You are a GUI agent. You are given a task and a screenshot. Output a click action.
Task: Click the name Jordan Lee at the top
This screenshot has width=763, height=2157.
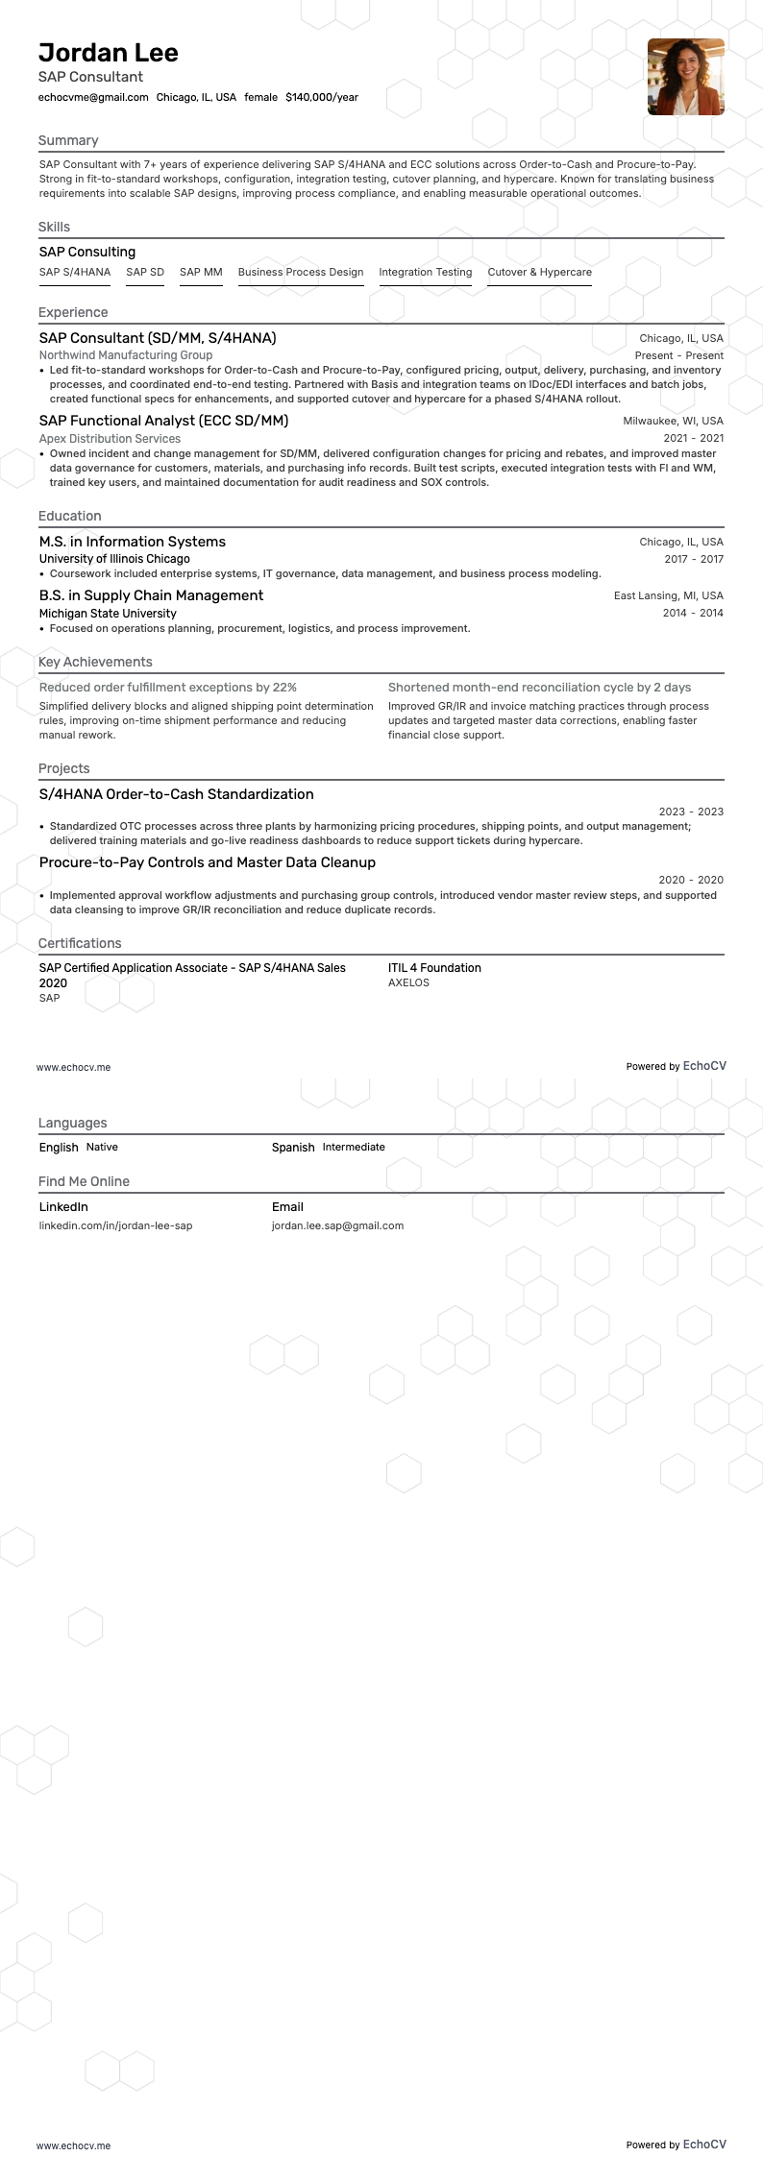point(109,53)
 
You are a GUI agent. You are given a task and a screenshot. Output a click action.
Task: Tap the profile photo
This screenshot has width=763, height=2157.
point(685,77)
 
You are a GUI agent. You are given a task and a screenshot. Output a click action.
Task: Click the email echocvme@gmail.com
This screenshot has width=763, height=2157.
point(93,97)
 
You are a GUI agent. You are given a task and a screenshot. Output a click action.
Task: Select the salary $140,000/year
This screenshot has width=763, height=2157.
point(322,97)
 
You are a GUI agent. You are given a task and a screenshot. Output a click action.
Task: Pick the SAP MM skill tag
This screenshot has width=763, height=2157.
point(201,272)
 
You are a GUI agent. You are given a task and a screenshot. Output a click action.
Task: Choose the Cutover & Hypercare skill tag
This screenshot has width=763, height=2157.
point(539,272)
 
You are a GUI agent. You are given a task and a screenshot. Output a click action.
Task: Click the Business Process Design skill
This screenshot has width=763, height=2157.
point(301,272)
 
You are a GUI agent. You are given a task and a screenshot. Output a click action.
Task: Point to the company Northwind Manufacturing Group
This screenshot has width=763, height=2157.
point(126,355)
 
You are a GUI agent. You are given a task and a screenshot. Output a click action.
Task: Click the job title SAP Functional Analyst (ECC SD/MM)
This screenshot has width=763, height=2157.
point(163,421)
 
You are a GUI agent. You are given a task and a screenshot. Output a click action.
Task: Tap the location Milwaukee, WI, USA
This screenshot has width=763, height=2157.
point(673,421)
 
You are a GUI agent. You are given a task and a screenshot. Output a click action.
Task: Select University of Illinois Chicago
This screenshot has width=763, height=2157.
point(114,559)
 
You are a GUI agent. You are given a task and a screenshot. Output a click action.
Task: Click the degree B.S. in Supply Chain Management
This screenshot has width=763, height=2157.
point(151,595)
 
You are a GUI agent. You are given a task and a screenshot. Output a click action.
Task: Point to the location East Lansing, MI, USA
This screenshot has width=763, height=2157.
point(669,595)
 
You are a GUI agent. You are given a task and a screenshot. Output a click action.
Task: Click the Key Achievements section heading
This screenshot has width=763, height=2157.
point(95,662)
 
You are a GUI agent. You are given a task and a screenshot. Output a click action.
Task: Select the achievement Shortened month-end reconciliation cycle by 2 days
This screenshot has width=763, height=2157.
point(539,688)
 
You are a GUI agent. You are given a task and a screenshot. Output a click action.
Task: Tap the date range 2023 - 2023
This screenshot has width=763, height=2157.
point(691,812)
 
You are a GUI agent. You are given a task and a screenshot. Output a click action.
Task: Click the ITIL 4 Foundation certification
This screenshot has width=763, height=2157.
point(434,968)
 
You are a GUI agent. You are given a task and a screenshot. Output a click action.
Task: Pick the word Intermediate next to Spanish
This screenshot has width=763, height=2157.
point(354,1147)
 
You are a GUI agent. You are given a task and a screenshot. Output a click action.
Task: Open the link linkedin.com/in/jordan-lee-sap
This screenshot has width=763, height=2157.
point(115,1225)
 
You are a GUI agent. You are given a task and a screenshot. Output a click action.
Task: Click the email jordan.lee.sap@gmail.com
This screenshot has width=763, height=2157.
point(337,1225)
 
